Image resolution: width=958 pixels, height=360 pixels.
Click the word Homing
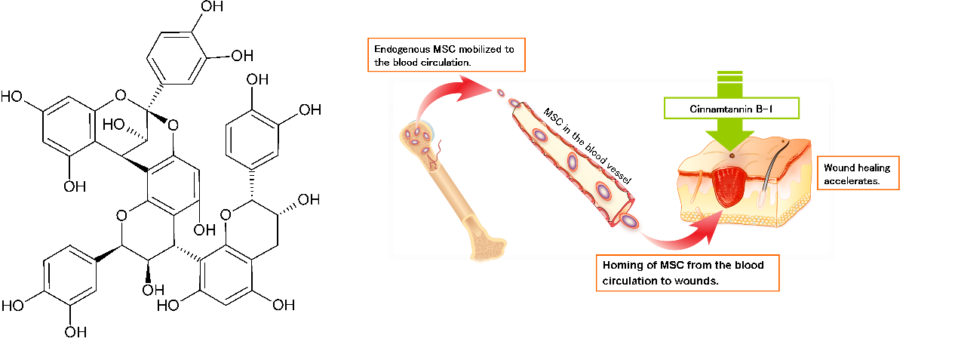tap(620, 265)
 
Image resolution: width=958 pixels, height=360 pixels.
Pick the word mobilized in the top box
tap(469, 50)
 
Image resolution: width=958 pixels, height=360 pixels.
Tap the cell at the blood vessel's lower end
tap(628, 220)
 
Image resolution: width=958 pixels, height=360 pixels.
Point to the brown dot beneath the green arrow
tap(730, 155)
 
